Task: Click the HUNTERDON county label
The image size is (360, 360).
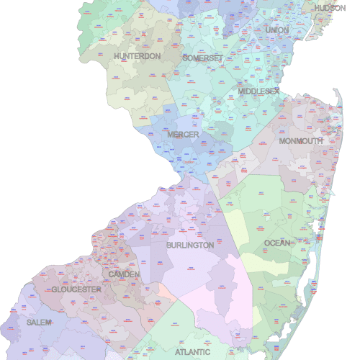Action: [x=137, y=56]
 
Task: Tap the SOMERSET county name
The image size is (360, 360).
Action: [x=202, y=58]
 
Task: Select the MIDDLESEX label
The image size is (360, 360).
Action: [x=258, y=91]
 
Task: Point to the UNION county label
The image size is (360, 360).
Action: [x=276, y=30]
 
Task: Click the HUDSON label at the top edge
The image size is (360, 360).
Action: [x=330, y=7]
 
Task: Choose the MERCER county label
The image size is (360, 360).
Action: [x=183, y=135]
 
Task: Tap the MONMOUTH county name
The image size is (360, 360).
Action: [x=301, y=141]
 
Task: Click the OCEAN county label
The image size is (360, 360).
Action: [x=278, y=243]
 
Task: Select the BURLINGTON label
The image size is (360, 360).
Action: [x=190, y=245]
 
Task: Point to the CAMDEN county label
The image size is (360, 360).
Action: [x=124, y=274]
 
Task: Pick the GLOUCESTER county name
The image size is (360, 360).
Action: [x=76, y=289]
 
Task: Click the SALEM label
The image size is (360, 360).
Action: [x=39, y=323]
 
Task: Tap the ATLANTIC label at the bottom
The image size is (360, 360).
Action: [x=193, y=352]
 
